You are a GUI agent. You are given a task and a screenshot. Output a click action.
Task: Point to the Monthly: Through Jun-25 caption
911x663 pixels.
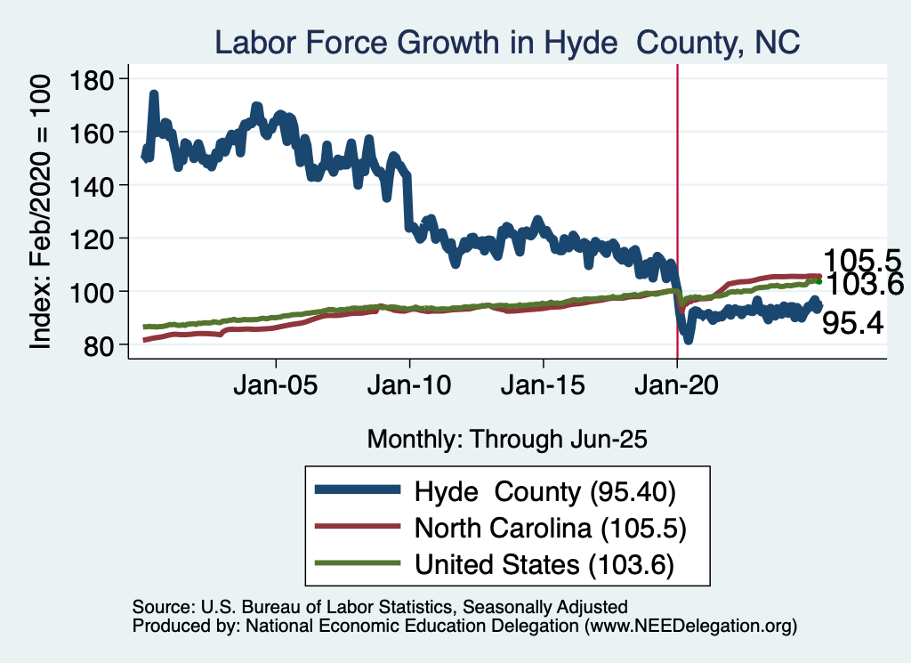click(506, 439)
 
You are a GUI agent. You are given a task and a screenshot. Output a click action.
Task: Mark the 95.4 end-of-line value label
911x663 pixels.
click(852, 324)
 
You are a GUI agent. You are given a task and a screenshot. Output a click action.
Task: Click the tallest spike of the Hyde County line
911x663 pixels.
click(154, 94)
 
